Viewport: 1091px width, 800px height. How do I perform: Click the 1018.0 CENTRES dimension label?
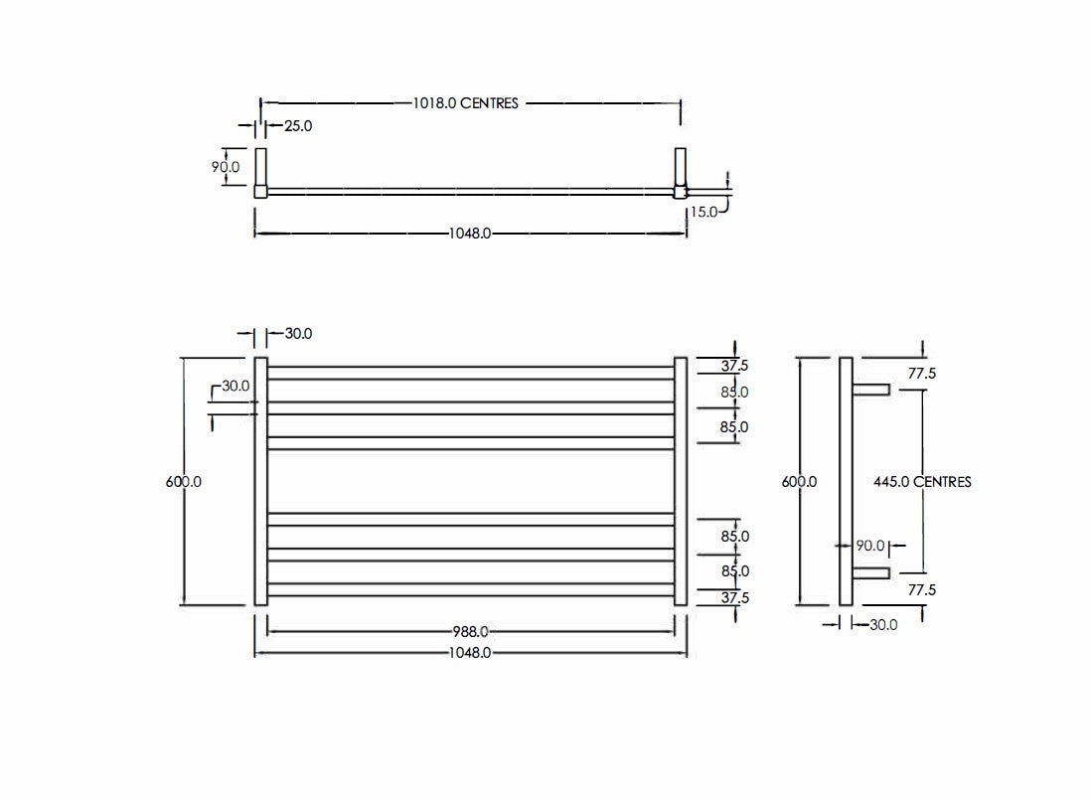(x=466, y=102)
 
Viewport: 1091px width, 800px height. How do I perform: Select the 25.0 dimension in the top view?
(x=298, y=126)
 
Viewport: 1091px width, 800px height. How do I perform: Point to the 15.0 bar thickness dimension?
(x=703, y=212)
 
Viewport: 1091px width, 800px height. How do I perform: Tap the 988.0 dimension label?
(x=471, y=631)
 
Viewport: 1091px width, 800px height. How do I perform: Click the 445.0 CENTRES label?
(x=922, y=481)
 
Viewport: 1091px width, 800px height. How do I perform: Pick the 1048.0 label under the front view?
(x=471, y=653)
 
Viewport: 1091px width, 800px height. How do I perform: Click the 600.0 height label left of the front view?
(x=184, y=481)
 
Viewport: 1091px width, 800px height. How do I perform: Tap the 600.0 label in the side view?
(x=800, y=481)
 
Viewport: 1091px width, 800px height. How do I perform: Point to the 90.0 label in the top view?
(x=226, y=166)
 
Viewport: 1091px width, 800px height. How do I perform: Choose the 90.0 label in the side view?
(x=869, y=546)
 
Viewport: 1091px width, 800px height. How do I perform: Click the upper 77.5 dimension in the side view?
(x=922, y=374)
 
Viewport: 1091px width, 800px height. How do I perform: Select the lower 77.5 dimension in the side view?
(x=922, y=589)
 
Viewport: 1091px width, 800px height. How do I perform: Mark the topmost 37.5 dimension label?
(x=735, y=366)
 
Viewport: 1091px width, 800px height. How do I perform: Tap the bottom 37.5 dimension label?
(x=735, y=597)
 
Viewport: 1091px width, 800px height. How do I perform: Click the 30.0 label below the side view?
(x=883, y=624)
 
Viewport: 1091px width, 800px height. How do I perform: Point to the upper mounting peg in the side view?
(x=870, y=391)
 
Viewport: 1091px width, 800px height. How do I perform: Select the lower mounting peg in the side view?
(x=870, y=572)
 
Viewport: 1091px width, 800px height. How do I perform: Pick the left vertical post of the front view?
(x=261, y=481)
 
